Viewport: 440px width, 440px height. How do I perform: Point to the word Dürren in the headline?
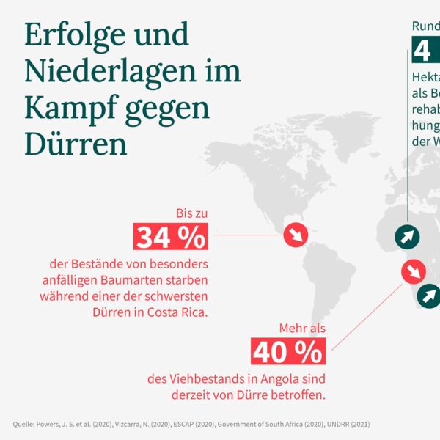pyautogui.click(x=76, y=143)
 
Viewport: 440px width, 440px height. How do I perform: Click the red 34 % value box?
pyautogui.click(x=171, y=237)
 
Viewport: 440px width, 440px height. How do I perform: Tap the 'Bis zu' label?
pyautogui.click(x=191, y=213)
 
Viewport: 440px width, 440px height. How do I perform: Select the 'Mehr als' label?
pyautogui.click(x=302, y=329)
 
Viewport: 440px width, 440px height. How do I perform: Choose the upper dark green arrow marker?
pyautogui.click(x=408, y=236)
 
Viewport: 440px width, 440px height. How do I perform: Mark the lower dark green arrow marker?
pyautogui.click(x=428, y=296)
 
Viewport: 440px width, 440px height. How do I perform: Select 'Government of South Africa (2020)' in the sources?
pyautogui.click(x=279, y=423)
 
